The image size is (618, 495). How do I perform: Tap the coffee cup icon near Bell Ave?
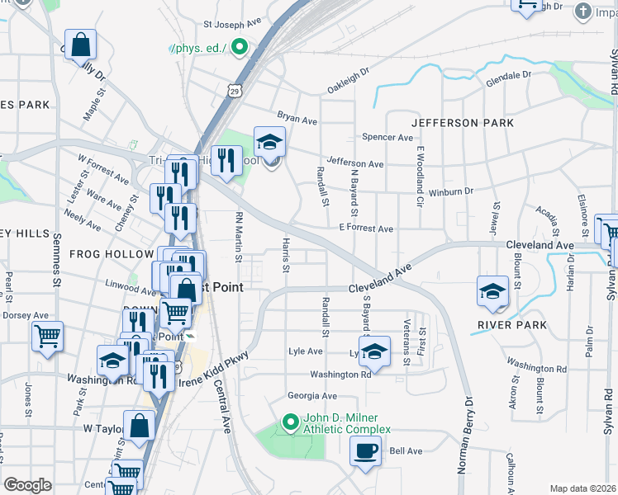365,450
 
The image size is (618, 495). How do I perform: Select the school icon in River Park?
492,292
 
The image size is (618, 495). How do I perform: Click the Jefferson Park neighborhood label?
462,123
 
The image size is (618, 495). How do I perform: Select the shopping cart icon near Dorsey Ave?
48,336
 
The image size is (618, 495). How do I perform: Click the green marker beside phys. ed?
240,47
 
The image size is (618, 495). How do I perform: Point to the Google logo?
27,485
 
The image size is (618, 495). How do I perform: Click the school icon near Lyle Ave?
374,351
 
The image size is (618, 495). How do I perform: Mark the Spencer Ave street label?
386,137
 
